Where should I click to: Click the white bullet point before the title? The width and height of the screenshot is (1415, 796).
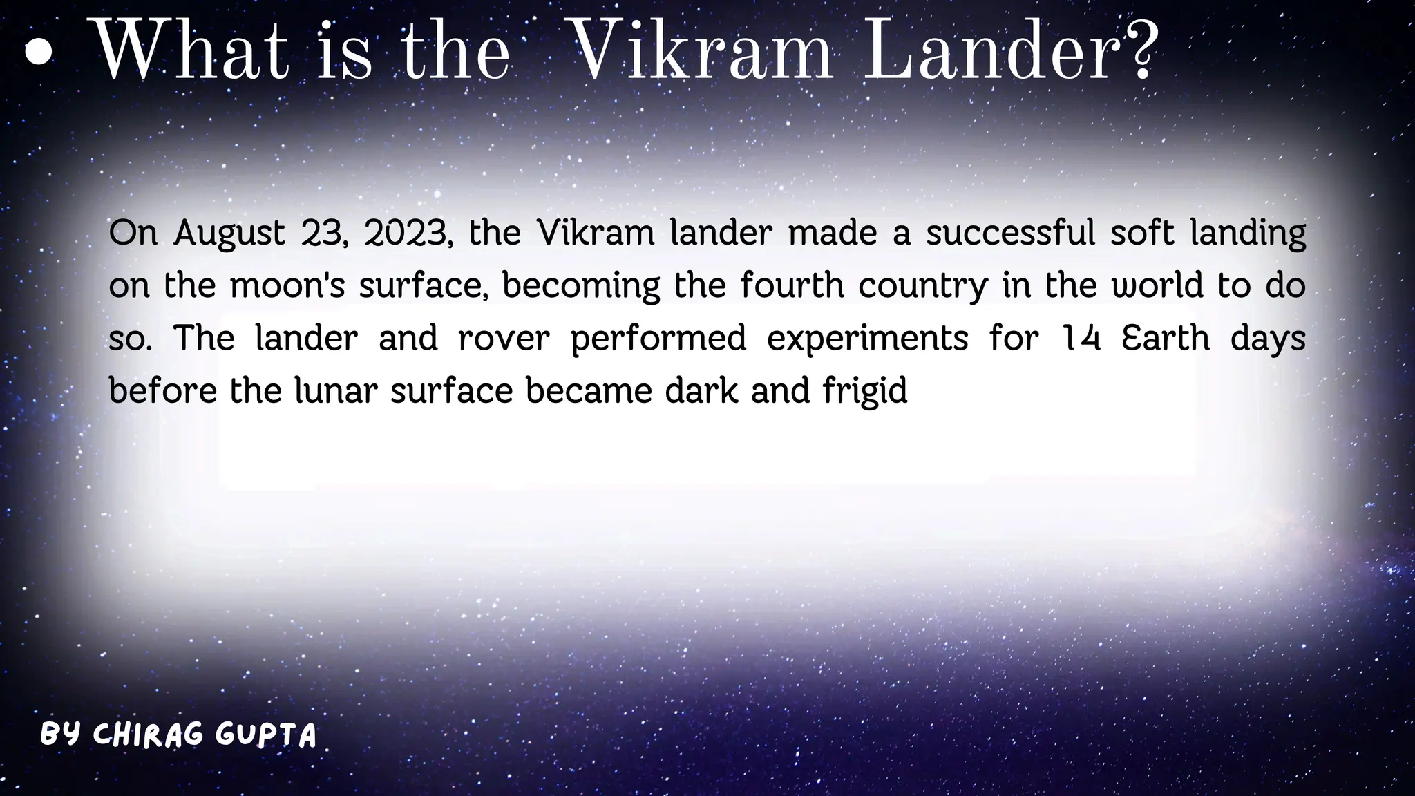[39, 53]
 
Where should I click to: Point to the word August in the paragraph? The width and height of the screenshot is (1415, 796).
[229, 234]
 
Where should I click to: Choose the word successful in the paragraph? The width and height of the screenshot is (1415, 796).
[1010, 234]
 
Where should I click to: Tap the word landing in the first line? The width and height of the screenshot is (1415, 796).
[1248, 234]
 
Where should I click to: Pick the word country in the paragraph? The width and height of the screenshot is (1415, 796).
[923, 285]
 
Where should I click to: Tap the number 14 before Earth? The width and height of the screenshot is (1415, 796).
[1081, 339]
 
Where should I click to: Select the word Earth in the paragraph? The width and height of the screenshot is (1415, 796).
[1166, 339]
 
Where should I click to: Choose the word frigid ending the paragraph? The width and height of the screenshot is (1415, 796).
[865, 391]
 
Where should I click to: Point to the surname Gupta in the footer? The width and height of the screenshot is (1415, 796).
[266, 735]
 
